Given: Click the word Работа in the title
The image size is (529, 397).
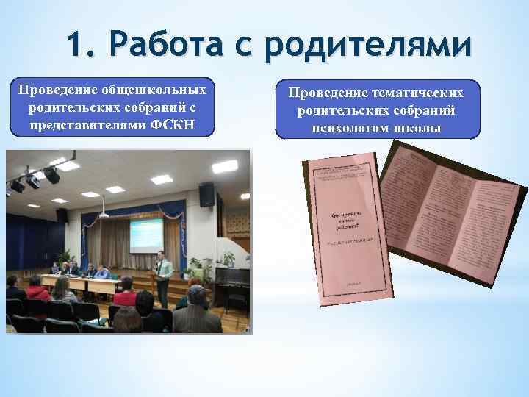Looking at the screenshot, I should click(168, 46).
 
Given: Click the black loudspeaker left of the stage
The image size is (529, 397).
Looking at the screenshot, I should click(62, 215).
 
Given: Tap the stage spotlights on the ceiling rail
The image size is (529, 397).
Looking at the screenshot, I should click(33, 176).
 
